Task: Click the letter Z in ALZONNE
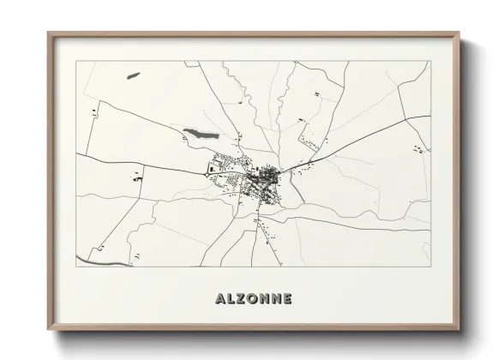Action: [236, 299]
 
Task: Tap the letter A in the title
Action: [213, 299]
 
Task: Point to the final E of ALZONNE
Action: [287, 299]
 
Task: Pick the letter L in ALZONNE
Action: [225, 299]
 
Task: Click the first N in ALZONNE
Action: [261, 299]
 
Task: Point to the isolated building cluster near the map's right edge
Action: [418, 151]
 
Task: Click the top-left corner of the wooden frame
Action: [49, 33]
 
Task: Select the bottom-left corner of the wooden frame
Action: [49, 329]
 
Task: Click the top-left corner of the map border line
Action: [76, 61]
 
